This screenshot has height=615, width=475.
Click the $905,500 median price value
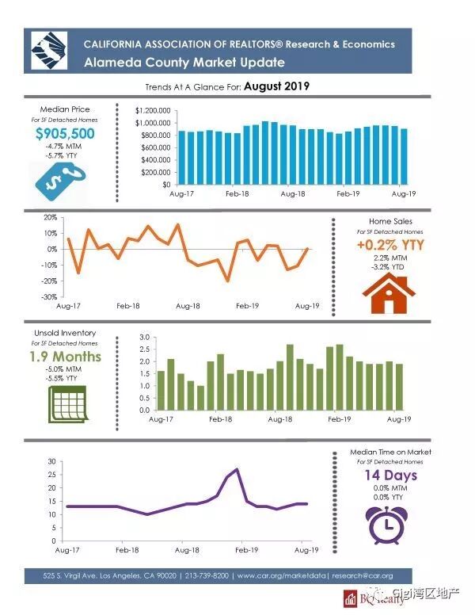pyautogui.click(x=65, y=134)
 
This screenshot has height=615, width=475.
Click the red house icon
pyautogui.click(x=388, y=294)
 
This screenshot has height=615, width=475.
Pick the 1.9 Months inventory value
pyautogui.click(x=65, y=357)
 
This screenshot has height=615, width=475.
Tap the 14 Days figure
pyautogui.click(x=389, y=476)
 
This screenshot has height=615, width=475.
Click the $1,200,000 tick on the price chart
pyautogui.click(x=153, y=110)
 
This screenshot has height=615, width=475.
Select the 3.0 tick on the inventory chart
pyautogui.click(x=143, y=338)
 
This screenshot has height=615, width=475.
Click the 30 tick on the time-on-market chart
pyautogui.click(x=51, y=461)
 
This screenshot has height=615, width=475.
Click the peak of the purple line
pyautogui.click(x=237, y=469)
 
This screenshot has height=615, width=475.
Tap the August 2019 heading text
pyautogui.click(x=276, y=86)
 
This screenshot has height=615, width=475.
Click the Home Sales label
pyautogui.click(x=390, y=221)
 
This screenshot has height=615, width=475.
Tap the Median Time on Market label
pyautogui.click(x=389, y=452)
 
